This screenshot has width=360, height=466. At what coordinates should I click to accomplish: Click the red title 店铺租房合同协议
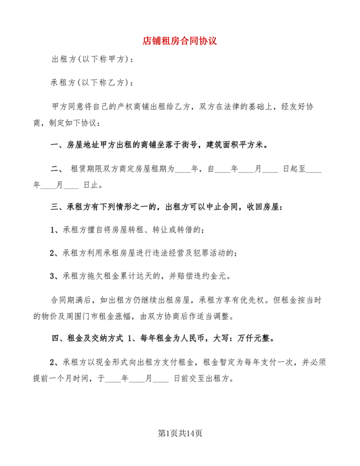pos(179,40)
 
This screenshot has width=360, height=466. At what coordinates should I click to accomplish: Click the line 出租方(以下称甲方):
pos(93,60)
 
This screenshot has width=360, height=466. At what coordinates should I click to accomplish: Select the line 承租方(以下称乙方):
pos(93,84)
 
